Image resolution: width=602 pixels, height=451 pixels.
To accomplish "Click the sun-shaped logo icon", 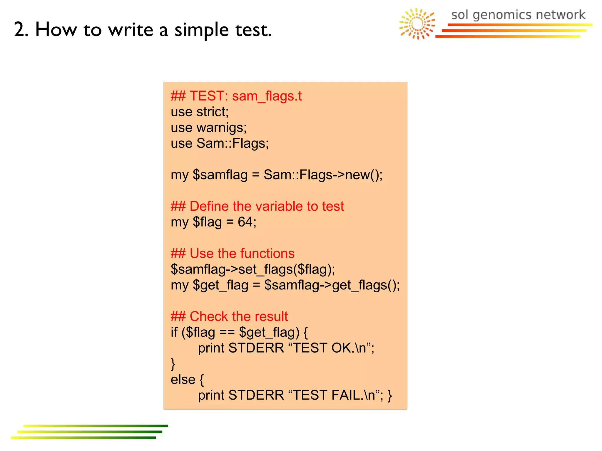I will click(x=417, y=24).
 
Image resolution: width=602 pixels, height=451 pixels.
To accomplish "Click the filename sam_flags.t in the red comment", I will click(x=267, y=96).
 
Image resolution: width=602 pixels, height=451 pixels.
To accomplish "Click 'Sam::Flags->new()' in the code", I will click(x=322, y=175).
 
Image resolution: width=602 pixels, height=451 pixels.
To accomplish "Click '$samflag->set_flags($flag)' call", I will click(x=252, y=269).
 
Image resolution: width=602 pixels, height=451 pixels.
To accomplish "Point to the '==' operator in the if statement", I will click(x=227, y=332).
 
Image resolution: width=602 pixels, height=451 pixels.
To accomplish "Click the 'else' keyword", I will click(x=183, y=380).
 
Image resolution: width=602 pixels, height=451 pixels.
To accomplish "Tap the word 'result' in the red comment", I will click(x=271, y=316).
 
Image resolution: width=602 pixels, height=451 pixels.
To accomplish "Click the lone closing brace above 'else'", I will click(x=173, y=364).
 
